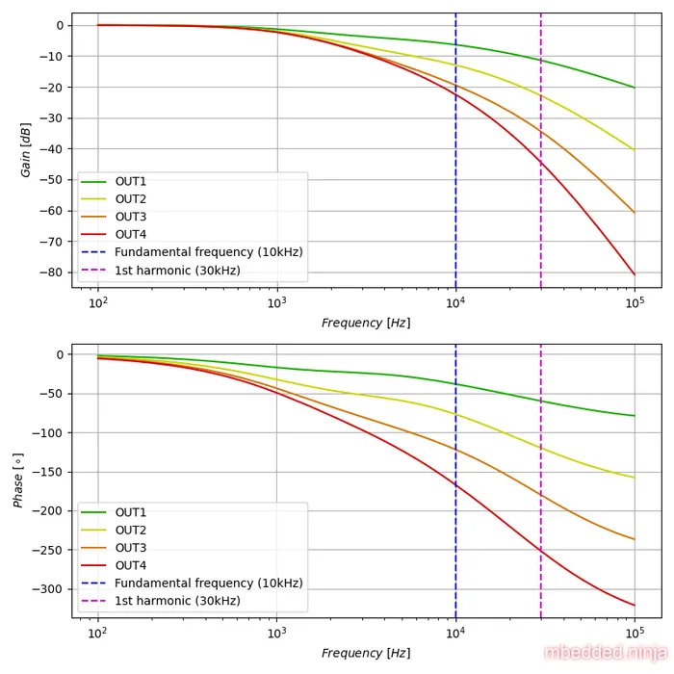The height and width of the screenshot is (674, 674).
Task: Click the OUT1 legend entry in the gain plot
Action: (x=131, y=182)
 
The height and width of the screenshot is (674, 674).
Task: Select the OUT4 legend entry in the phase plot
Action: (x=131, y=565)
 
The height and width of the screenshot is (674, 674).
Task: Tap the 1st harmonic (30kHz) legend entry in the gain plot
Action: (x=177, y=271)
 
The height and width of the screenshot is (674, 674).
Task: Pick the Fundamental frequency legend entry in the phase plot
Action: (x=208, y=583)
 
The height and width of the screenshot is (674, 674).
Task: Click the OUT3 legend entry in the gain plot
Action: (x=131, y=217)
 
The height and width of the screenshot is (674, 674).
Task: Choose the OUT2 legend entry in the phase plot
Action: (x=131, y=531)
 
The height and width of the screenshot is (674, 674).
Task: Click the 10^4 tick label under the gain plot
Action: (x=455, y=302)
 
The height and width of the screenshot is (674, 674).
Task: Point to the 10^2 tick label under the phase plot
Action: (x=97, y=633)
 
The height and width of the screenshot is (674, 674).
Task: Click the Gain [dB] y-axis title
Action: (x=26, y=150)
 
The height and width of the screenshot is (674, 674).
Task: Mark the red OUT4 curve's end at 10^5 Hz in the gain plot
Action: (x=635, y=274)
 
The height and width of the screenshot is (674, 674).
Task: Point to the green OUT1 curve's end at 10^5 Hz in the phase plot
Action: (x=635, y=416)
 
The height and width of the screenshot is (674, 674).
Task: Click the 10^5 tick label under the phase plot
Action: (x=635, y=633)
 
